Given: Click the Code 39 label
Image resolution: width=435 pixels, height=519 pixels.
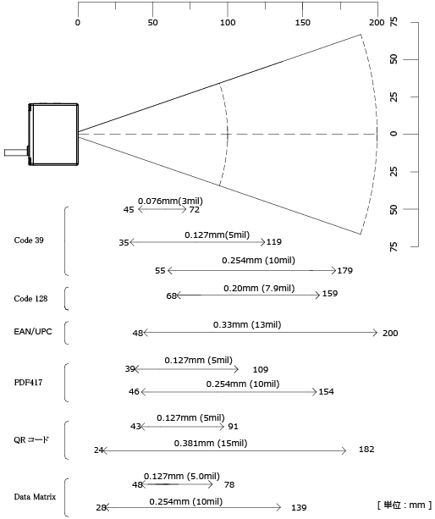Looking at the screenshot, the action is click(29, 240).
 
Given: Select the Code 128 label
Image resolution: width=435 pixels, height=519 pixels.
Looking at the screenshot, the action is click(30, 299).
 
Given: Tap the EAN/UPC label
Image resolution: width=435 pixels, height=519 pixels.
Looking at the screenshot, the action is click(33, 332).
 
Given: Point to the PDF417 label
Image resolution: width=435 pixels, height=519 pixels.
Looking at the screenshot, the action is click(28, 383).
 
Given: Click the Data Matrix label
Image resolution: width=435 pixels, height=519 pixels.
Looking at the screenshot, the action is click(35, 496).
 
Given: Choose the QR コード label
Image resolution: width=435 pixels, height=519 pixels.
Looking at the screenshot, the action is click(31, 439).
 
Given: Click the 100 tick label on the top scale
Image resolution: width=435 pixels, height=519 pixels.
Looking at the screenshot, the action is click(228, 23).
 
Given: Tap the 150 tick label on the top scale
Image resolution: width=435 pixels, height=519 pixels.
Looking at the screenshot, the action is click(302, 23).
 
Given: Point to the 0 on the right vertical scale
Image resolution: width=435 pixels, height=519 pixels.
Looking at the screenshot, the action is click(394, 134).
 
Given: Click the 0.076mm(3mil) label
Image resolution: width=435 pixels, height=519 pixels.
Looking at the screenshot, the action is click(170, 201).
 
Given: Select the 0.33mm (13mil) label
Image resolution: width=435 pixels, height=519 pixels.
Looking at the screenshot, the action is click(247, 325).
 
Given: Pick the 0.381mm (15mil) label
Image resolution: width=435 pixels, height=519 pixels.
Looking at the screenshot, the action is click(211, 443).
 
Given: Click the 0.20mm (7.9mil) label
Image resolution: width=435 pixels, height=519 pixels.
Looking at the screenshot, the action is click(259, 289).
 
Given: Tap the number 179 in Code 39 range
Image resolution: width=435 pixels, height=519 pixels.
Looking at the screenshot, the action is click(345, 271).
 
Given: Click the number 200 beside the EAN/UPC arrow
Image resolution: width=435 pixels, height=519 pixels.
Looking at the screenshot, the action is click(390, 334).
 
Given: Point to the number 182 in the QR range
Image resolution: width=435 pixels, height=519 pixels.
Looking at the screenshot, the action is click(366, 450).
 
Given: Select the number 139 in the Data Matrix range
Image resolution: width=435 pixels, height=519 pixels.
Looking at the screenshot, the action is click(299, 508).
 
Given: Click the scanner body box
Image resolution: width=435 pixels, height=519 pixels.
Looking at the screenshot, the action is click(53, 135).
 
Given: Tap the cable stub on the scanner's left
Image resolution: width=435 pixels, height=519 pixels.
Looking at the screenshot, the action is click(16, 152).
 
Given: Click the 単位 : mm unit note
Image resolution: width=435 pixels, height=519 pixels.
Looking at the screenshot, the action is click(405, 505).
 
